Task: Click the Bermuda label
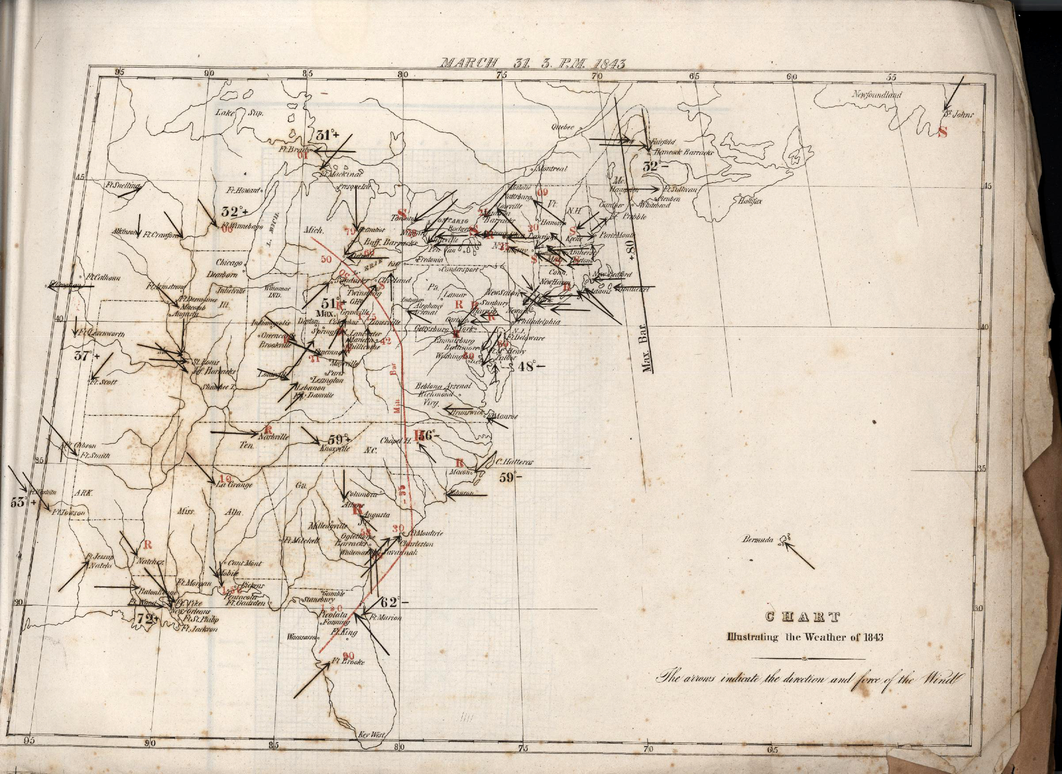[757, 539]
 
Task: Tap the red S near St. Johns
[943, 132]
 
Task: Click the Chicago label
[229, 262]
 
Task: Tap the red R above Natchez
[148, 544]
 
